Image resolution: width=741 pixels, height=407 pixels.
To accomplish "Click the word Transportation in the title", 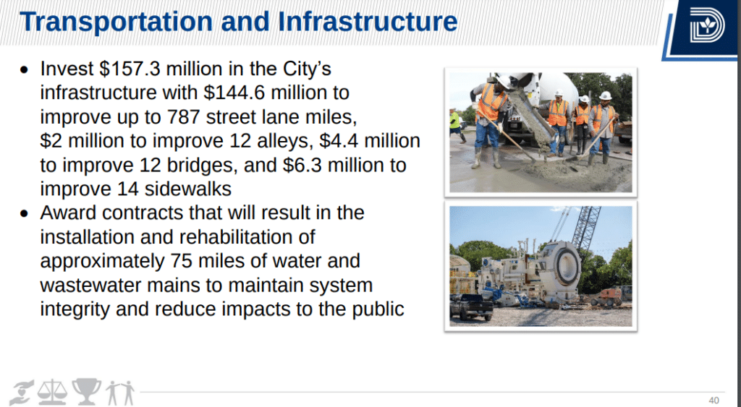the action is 116,22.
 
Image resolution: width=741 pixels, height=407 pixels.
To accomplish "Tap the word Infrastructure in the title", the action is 368,22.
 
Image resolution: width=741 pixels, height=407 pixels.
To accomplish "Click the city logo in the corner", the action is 706,25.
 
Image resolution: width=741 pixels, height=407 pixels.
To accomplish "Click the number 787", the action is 184,116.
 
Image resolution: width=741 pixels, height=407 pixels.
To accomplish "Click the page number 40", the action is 714,400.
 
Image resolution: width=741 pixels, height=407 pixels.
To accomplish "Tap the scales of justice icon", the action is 52,392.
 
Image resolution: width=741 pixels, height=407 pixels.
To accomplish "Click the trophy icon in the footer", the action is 87,391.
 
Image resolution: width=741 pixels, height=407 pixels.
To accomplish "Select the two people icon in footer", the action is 120,393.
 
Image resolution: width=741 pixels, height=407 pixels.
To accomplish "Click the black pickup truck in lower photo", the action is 471,307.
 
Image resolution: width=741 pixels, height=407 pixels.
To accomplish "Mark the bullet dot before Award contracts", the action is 24,213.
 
